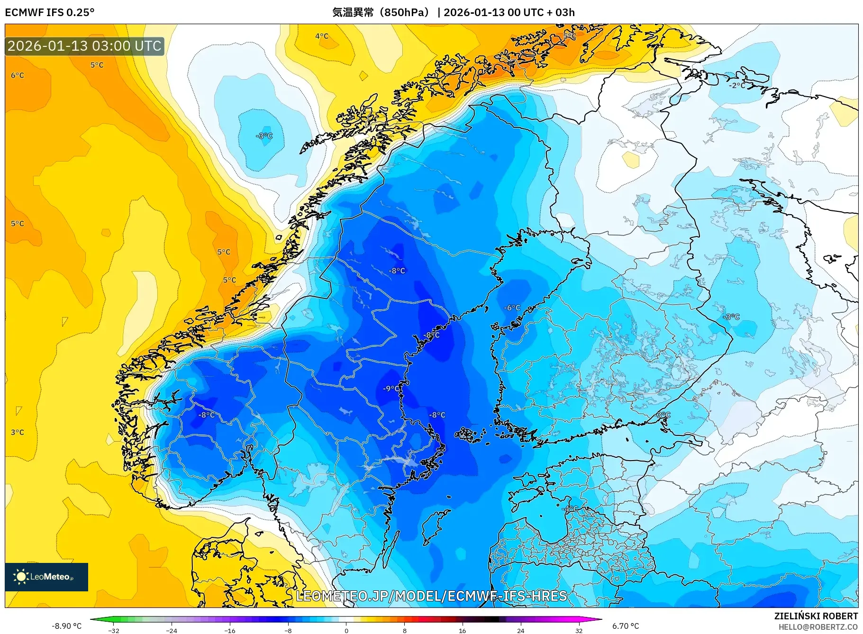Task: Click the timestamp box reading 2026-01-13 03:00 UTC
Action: coord(84,46)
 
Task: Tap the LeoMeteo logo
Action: coord(46,577)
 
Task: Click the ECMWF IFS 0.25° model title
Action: coord(49,12)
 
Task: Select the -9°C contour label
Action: coord(391,389)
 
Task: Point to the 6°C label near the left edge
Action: coord(18,75)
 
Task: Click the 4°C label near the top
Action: coord(322,36)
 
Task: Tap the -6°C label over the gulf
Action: coord(512,308)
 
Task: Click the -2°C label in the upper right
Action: coord(737,85)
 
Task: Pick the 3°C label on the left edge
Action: coord(18,432)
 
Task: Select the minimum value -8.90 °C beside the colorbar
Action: coord(66,626)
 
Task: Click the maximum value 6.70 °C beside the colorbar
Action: coord(626,626)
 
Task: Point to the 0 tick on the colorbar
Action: coord(346,630)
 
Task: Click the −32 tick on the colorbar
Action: coord(114,630)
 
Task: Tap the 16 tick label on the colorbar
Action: coord(463,630)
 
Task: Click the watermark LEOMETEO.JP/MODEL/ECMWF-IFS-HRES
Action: coord(431,596)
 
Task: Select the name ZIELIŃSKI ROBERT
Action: coord(816,616)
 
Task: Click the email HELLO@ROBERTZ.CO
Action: coord(818,627)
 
